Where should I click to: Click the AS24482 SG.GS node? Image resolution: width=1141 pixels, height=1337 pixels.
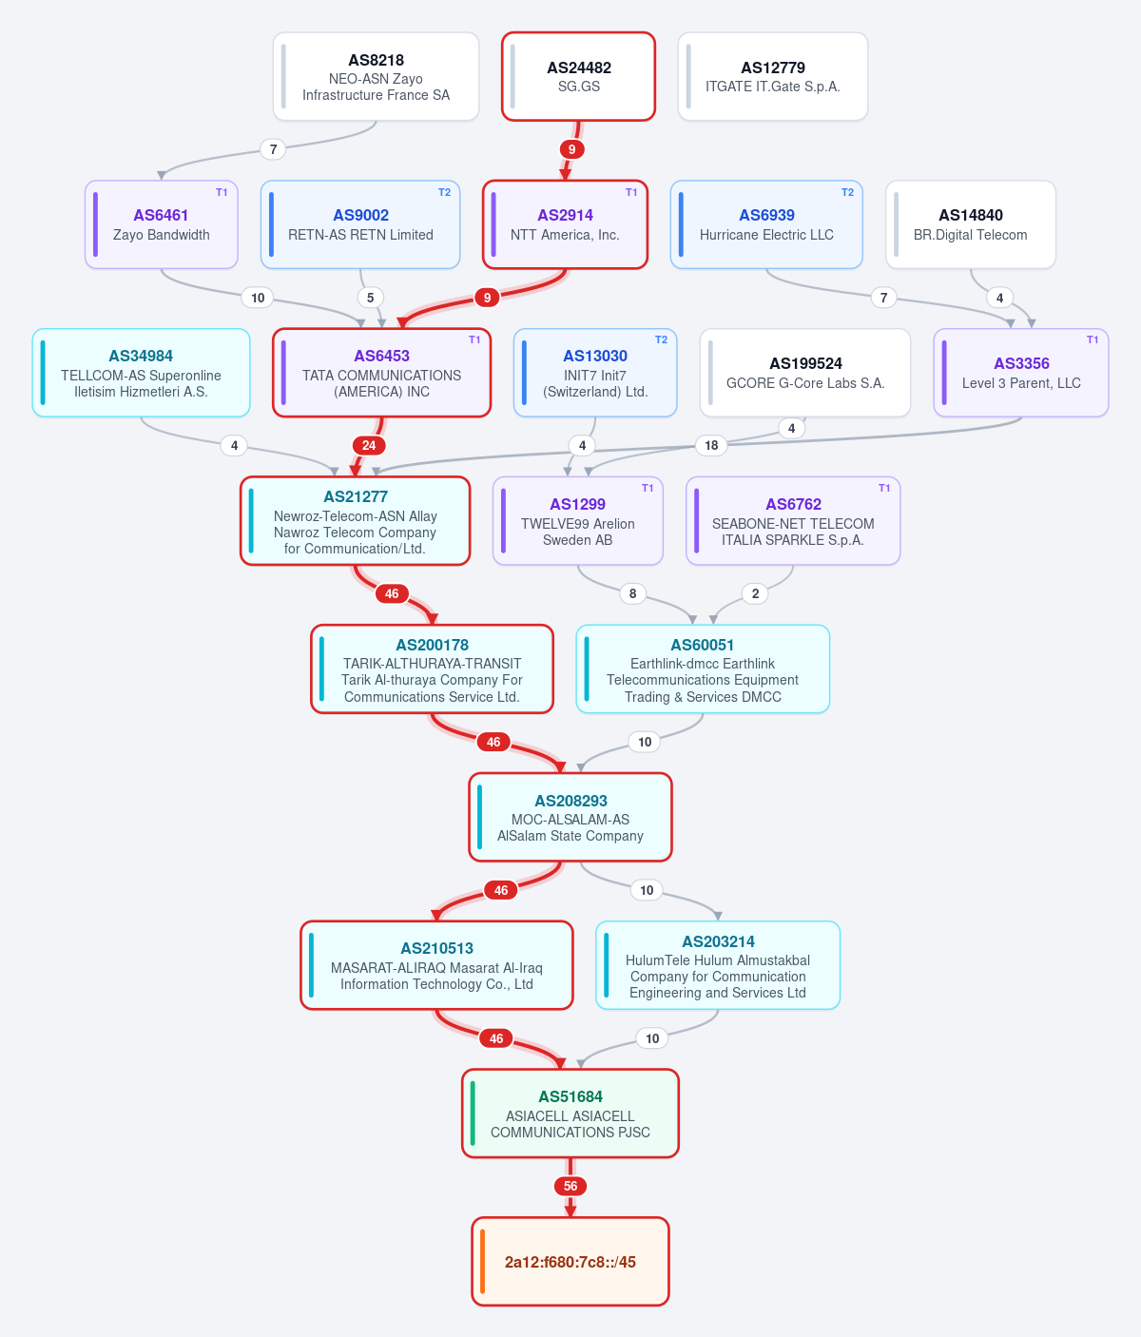pyautogui.click(x=578, y=76)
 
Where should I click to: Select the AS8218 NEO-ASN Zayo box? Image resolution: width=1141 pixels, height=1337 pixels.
pyautogui.click(x=376, y=76)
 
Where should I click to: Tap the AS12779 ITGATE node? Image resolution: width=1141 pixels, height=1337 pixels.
pyautogui.click(x=772, y=76)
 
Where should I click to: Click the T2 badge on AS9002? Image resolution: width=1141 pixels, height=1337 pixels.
pyautogui.click(x=444, y=192)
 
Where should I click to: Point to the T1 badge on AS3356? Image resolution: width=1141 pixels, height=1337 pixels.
pyautogui.click(x=1093, y=339)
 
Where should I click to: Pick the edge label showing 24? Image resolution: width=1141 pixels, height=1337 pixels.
pyautogui.click(x=369, y=445)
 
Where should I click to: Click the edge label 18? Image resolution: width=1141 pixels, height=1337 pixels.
pyautogui.click(x=711, y=445)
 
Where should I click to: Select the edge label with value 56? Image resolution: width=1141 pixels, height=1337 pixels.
pyautogui.click(x=570, y=1186)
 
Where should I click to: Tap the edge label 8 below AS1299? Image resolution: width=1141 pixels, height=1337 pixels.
pyautogui.click(x=632, y=593)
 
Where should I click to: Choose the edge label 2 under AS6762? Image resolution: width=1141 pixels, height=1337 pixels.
pyautogui.click(x=755, y=593)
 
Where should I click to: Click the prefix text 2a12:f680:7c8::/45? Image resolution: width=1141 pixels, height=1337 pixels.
pyautogui.click(x=570, y=1261)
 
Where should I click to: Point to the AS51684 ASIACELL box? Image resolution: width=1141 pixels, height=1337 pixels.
pyautogui.click(x=570, y=1114)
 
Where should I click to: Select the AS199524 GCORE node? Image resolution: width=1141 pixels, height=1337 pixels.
pyautogui.click(x=804, y=373)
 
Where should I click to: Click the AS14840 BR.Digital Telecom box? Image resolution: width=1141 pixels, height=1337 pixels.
pyautogui.click(x=970, y=224)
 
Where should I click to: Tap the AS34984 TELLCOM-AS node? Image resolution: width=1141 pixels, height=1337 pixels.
pyautogui.click(x=141, y=373)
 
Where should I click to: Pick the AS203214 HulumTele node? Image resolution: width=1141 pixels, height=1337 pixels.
pyautogui.click(x=717, y=965)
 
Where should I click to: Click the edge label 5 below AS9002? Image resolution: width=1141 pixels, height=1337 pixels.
pyautogui.click(x=370, y=298)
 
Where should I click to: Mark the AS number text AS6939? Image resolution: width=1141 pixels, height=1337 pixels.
pyautogui.click(x=766, y=215)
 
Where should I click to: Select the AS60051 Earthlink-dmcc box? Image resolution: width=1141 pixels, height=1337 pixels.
pyautogui.click(x=703, y=668)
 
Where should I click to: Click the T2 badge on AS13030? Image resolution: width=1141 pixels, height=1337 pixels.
pyautogui.click(x=661, y=339)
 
